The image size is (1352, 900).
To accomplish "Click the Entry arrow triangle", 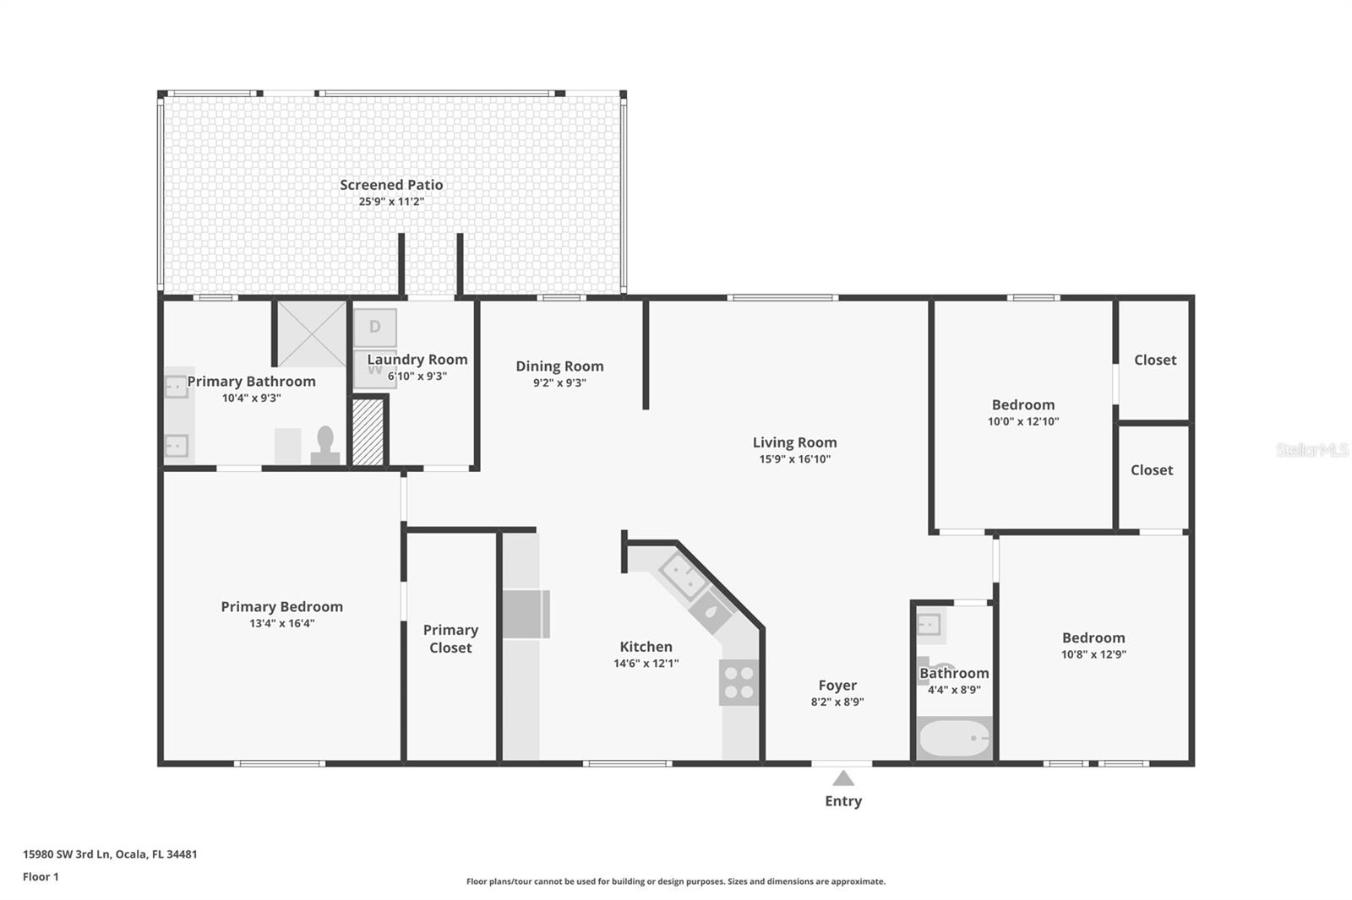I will [842, 778].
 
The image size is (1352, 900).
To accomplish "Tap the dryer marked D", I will [374, 327].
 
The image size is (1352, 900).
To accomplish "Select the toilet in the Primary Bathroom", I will [325, 445].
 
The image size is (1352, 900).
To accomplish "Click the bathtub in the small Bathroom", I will [954, 740].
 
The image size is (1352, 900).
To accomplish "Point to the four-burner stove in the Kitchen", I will [739, 682].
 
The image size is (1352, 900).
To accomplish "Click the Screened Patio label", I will [391, 185].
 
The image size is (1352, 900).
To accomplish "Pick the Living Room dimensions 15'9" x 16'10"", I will [794, 459].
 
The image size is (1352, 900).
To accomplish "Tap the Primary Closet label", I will [450, 639].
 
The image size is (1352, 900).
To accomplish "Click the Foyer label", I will [837, 686].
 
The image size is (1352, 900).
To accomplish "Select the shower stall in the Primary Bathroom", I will [312, 333].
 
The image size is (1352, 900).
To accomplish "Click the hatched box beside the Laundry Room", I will [368, 431].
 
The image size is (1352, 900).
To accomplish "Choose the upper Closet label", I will [1154, 361].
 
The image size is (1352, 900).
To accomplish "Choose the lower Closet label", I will [1151, 470].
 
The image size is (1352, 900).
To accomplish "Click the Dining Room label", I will [559, 366].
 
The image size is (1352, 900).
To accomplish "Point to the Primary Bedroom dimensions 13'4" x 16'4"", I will [281, 624].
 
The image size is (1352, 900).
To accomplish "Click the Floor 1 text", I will [41, 877].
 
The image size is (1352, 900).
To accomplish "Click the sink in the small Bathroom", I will [929, 625].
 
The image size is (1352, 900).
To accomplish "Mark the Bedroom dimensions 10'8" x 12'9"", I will [1093, 654].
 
